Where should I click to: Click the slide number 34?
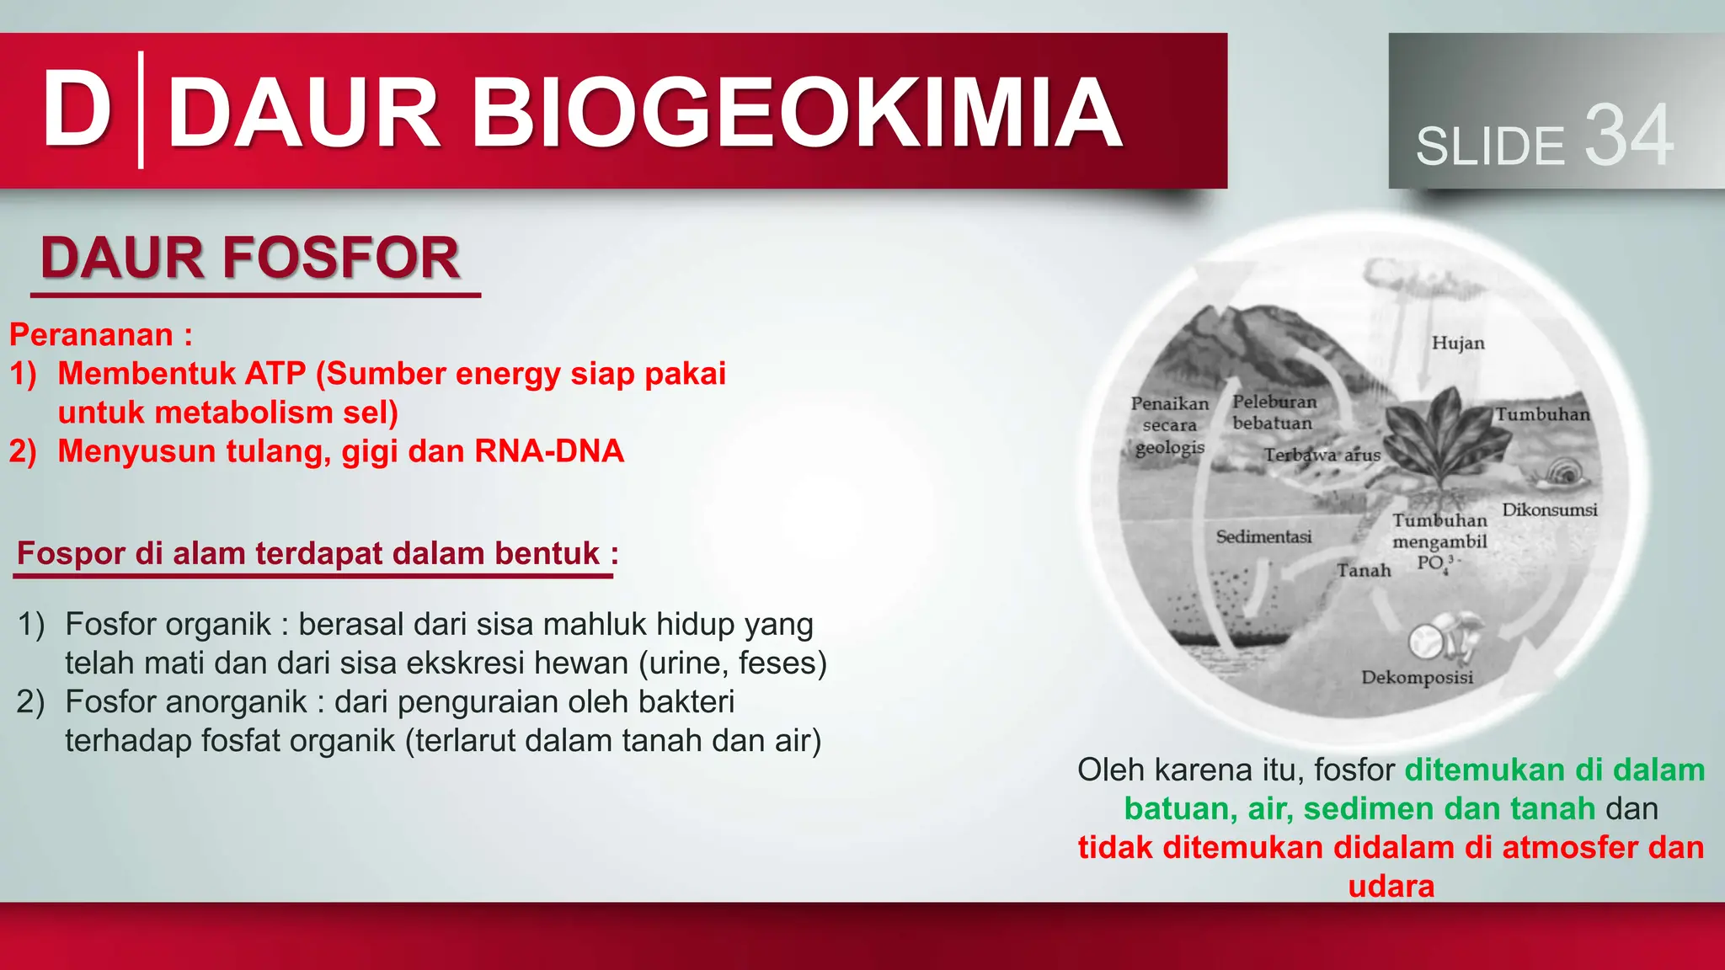pos(1628,136)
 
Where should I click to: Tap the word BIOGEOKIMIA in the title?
pos(795,113)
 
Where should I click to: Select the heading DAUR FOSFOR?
pos(250,258)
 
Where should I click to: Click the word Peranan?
pos(91,335)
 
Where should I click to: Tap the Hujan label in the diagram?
pos(1458,343)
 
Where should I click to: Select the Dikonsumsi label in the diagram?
pos(1549,509)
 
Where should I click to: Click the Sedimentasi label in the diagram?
pos(1263,536)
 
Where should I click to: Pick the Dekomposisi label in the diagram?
pos(1417,677)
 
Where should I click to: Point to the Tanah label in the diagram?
pos(1364,570)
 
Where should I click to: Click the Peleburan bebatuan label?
pos(1274,413)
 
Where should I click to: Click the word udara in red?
pos(1391,886)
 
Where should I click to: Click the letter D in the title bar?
pos(77,110)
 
